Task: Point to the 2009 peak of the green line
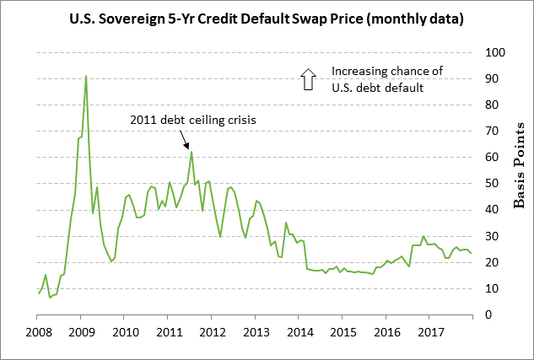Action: [86, 76]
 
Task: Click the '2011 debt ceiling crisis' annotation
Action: [192, 120]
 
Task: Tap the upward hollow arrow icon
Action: [306, 79]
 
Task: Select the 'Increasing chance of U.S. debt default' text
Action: [387, 79]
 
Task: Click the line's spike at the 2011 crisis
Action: [191, 152]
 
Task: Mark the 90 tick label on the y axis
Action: [491, 79]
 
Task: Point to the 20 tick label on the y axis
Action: [491, 262]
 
